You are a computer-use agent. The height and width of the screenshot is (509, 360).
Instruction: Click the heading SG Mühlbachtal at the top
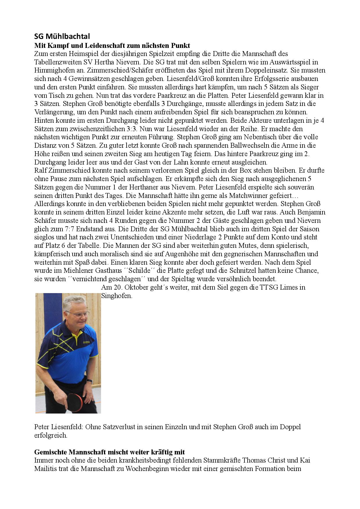62,36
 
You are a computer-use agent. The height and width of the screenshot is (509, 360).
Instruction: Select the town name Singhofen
117,296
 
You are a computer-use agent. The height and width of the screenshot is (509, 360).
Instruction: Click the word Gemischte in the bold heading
50,452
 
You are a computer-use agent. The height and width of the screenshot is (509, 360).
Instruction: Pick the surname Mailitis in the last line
45,469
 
